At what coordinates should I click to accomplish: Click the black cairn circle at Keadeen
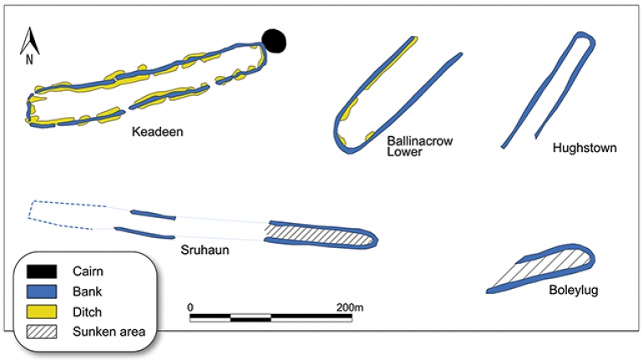tap(274, 42)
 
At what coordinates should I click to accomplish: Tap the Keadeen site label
tap(158, 132)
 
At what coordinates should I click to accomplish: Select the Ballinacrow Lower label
tap(420, 146)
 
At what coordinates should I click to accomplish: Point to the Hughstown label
tap(585, 148)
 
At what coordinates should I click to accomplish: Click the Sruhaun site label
tap(205, 250)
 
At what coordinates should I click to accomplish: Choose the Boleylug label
tap(574, 291)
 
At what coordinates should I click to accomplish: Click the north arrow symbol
tap(29, 41)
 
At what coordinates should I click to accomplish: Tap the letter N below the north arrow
tap(29, 60)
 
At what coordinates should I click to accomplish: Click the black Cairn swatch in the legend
tap(42, 271)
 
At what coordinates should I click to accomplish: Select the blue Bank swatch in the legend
tap(42, 292)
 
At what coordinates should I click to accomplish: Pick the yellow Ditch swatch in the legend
tap(42, 312)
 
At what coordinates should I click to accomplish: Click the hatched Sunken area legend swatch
tap(42, 332)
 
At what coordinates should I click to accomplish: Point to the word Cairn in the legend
tap(88, 271)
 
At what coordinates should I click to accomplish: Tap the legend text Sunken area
tap(109, 332)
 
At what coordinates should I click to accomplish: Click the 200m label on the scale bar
tap(350, 307)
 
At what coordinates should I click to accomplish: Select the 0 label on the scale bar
tap(190, 307)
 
